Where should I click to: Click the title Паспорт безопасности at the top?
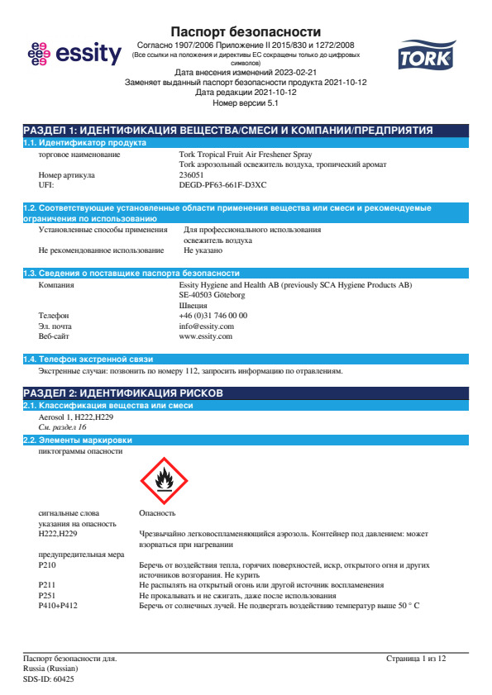(x=246, y=31)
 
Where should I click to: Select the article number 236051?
(x=192, y=175)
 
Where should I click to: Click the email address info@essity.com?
(x=206, y=326)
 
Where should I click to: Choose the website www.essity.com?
(x=205, y=336)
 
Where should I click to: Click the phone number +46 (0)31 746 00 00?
(x=213, y=316)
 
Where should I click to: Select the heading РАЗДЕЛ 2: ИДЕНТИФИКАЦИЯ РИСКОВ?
(x=122, y=393)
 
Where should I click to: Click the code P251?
(x=47, y=596)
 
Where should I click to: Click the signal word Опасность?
(x=157, y=513)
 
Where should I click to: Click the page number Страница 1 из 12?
(x=415, y=659)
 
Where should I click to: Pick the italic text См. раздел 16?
(x=62, y=427)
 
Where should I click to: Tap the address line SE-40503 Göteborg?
(x=212, y=294)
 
